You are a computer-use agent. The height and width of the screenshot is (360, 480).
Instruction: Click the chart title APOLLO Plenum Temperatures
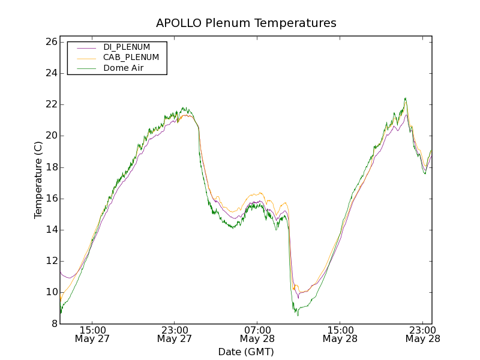(x=246, y=23)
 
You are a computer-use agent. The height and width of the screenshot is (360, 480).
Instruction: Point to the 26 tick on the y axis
(x=50, y=42)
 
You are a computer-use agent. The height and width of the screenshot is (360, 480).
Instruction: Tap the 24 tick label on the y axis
(x=50, y=73)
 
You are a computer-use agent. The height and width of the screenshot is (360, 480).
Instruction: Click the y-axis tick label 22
(x=50, y=104)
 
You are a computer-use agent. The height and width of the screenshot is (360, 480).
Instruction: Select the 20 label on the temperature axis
(x=50, y=136)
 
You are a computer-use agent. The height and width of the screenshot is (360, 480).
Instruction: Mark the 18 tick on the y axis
(x=50, y=167)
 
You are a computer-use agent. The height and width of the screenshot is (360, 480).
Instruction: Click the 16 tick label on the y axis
(x=50, y=199)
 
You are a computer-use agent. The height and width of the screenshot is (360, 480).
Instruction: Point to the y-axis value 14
(x=50, y=230)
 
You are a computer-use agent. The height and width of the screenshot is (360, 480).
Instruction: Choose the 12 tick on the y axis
(x=50, y=261)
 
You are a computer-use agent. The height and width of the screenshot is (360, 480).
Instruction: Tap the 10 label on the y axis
(x=50, y=292)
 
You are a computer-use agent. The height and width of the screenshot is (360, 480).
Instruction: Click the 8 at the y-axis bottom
(x=53, y=323)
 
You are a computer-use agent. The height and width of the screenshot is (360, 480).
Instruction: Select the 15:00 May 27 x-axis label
(x=92, y=334)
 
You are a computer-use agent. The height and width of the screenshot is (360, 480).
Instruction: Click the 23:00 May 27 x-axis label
(x=175, y=334)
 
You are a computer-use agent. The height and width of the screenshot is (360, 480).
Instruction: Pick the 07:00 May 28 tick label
(x=257, y=334)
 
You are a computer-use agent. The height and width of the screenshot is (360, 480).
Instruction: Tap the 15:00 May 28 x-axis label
(x=340, y=334)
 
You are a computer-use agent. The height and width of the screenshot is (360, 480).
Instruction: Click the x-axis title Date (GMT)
(x=246, y=352)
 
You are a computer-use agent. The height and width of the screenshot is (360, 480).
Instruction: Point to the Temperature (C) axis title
(x=38, y=180)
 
